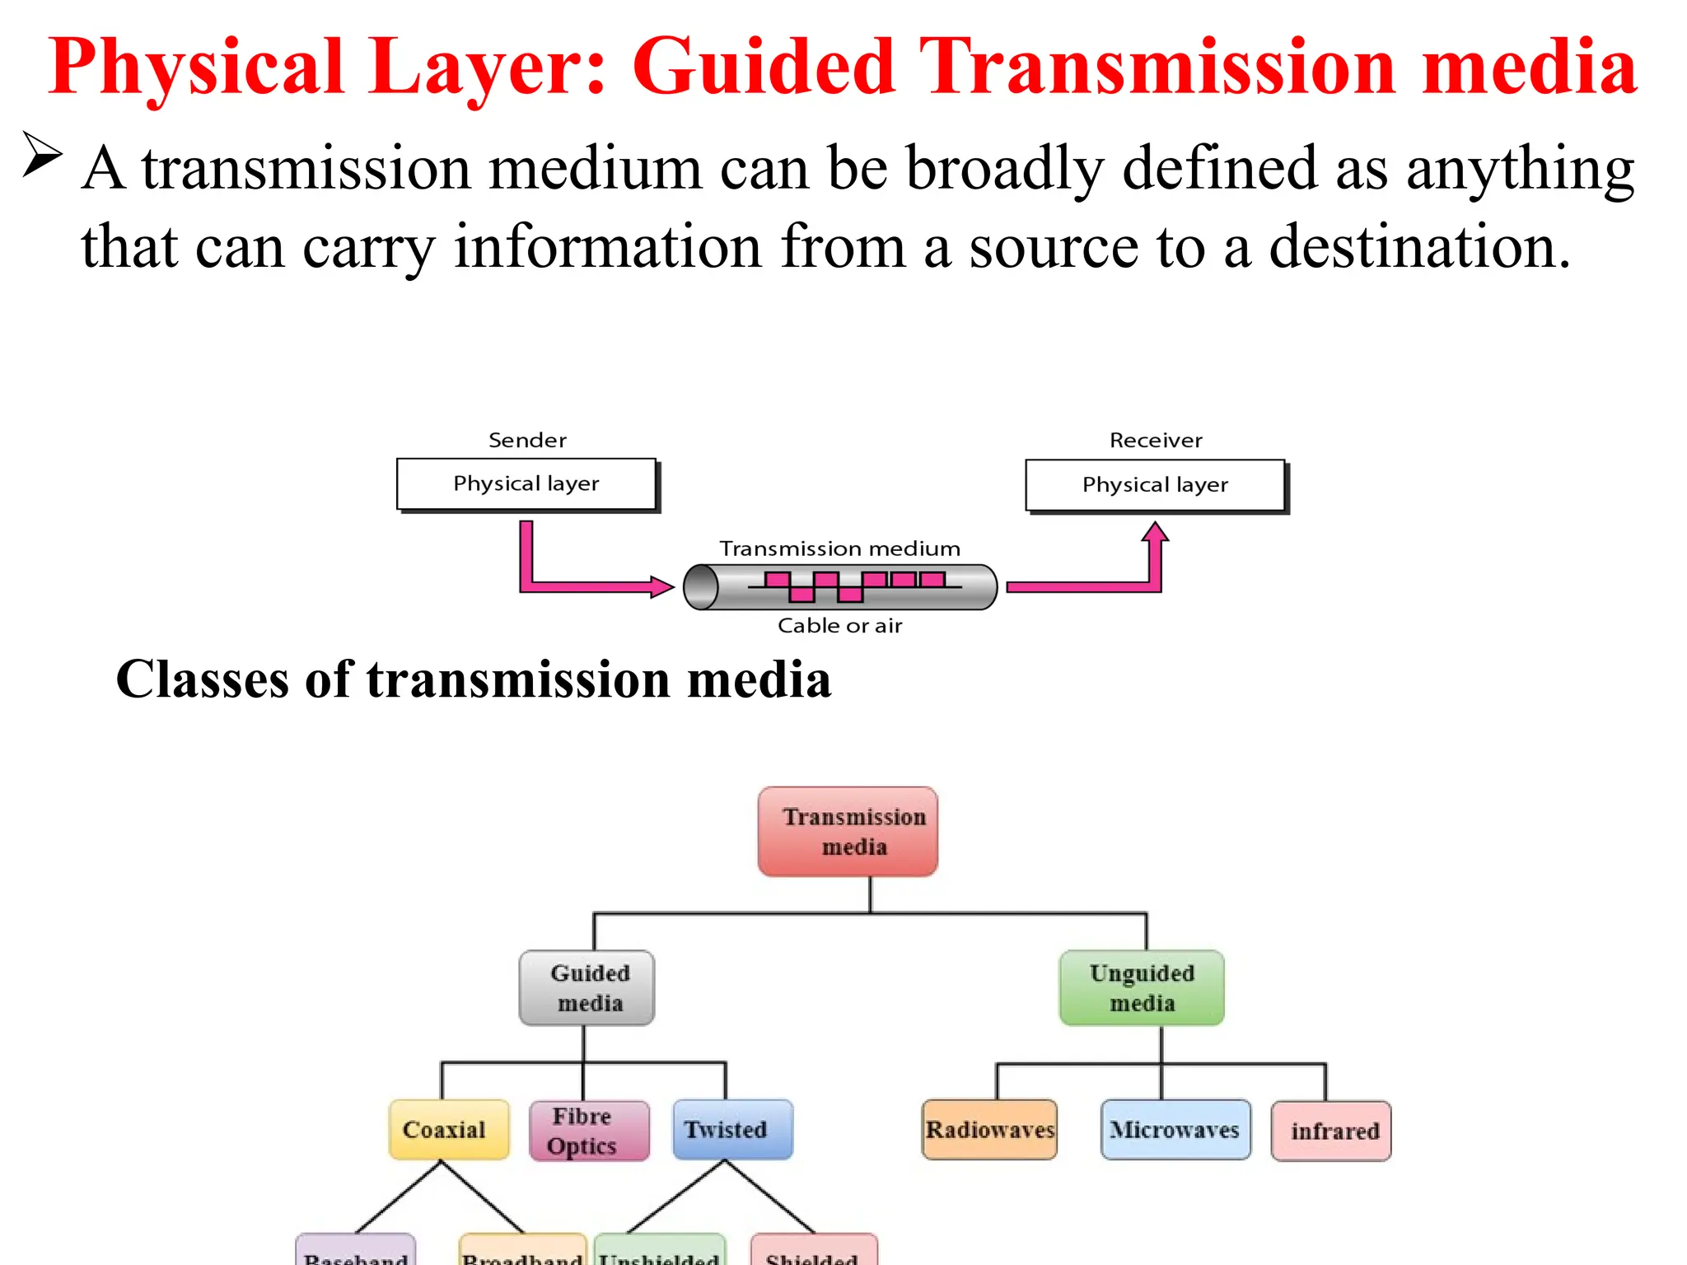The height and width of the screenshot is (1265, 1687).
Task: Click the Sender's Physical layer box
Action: tap(526, 484)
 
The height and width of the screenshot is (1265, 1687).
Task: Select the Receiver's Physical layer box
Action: tap(1155, 485)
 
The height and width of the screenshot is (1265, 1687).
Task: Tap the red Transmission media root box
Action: tap(848, 832)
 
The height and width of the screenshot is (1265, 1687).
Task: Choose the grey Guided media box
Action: tap(587, 988)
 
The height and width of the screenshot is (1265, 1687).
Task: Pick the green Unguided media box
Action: tap(1142, 988)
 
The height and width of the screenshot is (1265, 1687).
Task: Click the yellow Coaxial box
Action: tap(449, 1130)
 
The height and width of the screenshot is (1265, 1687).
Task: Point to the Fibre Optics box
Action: tap(589, 1131)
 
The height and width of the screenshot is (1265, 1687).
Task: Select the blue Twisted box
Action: tap(732, 1130)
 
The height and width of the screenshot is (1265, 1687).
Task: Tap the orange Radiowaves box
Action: tap(989, 1130)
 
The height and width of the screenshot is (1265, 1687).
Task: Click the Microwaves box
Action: tap(1175, 1130)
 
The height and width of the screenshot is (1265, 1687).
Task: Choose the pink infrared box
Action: tap(1331, 1132)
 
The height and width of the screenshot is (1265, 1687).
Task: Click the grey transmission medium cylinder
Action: tap(840, 587)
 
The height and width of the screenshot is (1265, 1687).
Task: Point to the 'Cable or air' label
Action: tap(840, 626)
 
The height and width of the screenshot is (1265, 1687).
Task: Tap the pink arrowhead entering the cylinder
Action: tap(661, 587)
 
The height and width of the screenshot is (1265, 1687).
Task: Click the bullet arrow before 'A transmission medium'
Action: tap(42, 154)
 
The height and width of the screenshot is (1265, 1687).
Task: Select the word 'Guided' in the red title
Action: tap(763, 68)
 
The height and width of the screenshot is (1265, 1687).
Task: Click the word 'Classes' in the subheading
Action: tap(203, 680)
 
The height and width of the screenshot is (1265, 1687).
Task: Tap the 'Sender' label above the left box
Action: tap(527, 440)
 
